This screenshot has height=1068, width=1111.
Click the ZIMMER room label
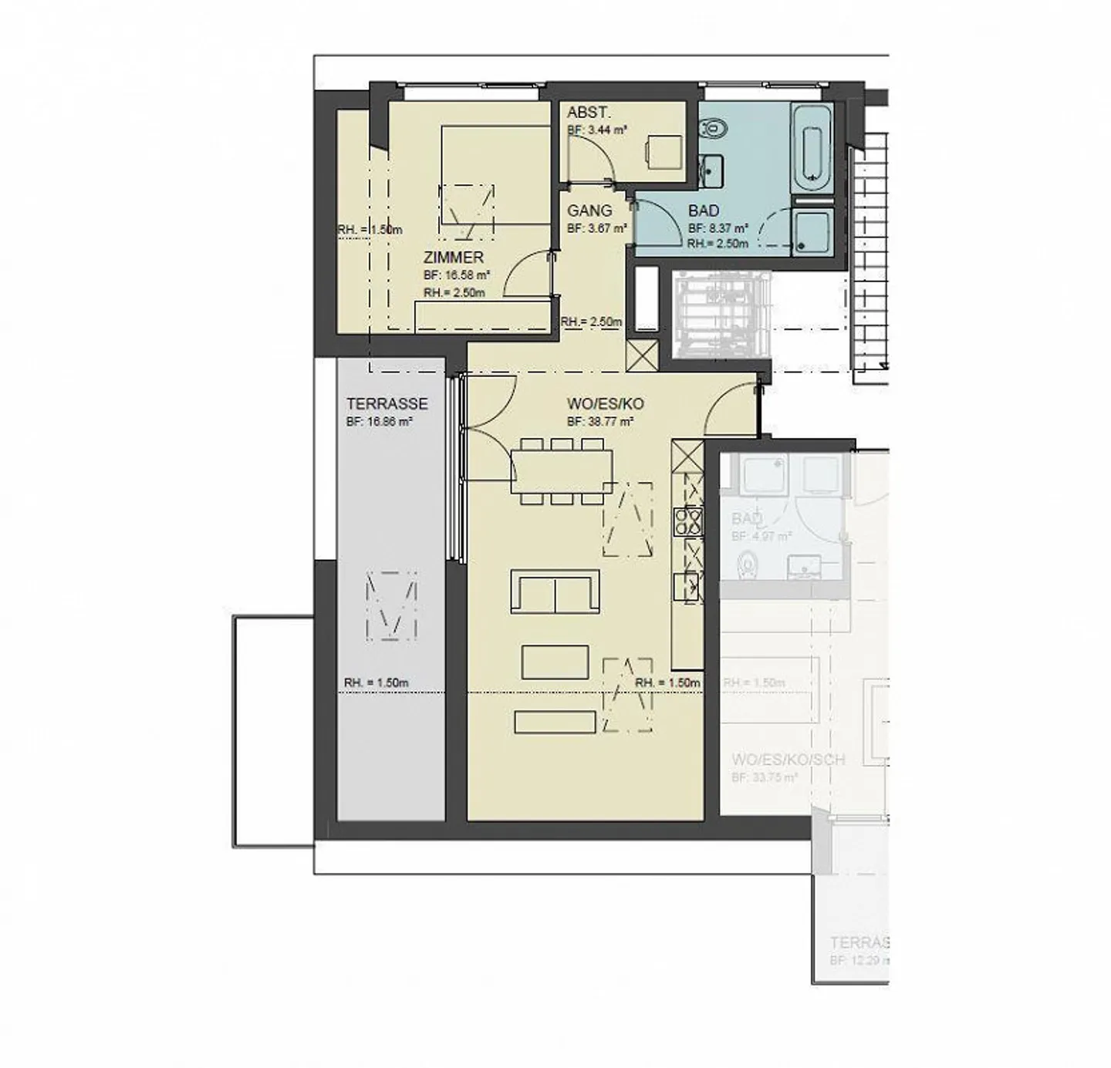click(453, 258)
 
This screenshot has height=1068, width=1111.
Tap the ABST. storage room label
click(589, 113)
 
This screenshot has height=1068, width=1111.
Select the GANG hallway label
click(589, 211)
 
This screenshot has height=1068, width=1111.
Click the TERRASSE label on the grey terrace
click(387, 403)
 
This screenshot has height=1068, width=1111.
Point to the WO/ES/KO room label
click(605, 403)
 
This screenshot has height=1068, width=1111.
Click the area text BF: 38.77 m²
click(600, 422)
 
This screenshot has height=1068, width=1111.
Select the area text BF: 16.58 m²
click(457, 275)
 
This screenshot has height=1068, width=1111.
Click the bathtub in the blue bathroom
click(811, 150)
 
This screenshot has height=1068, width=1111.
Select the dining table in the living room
click(562, 471)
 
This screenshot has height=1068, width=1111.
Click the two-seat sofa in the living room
click(555, 592)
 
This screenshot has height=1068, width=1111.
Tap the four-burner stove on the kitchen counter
click(687, 521)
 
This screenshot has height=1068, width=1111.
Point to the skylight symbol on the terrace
click(391, 607)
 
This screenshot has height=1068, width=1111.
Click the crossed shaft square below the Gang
click(642, 355)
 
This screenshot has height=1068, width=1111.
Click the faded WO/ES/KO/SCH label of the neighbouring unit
click(788, 760)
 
